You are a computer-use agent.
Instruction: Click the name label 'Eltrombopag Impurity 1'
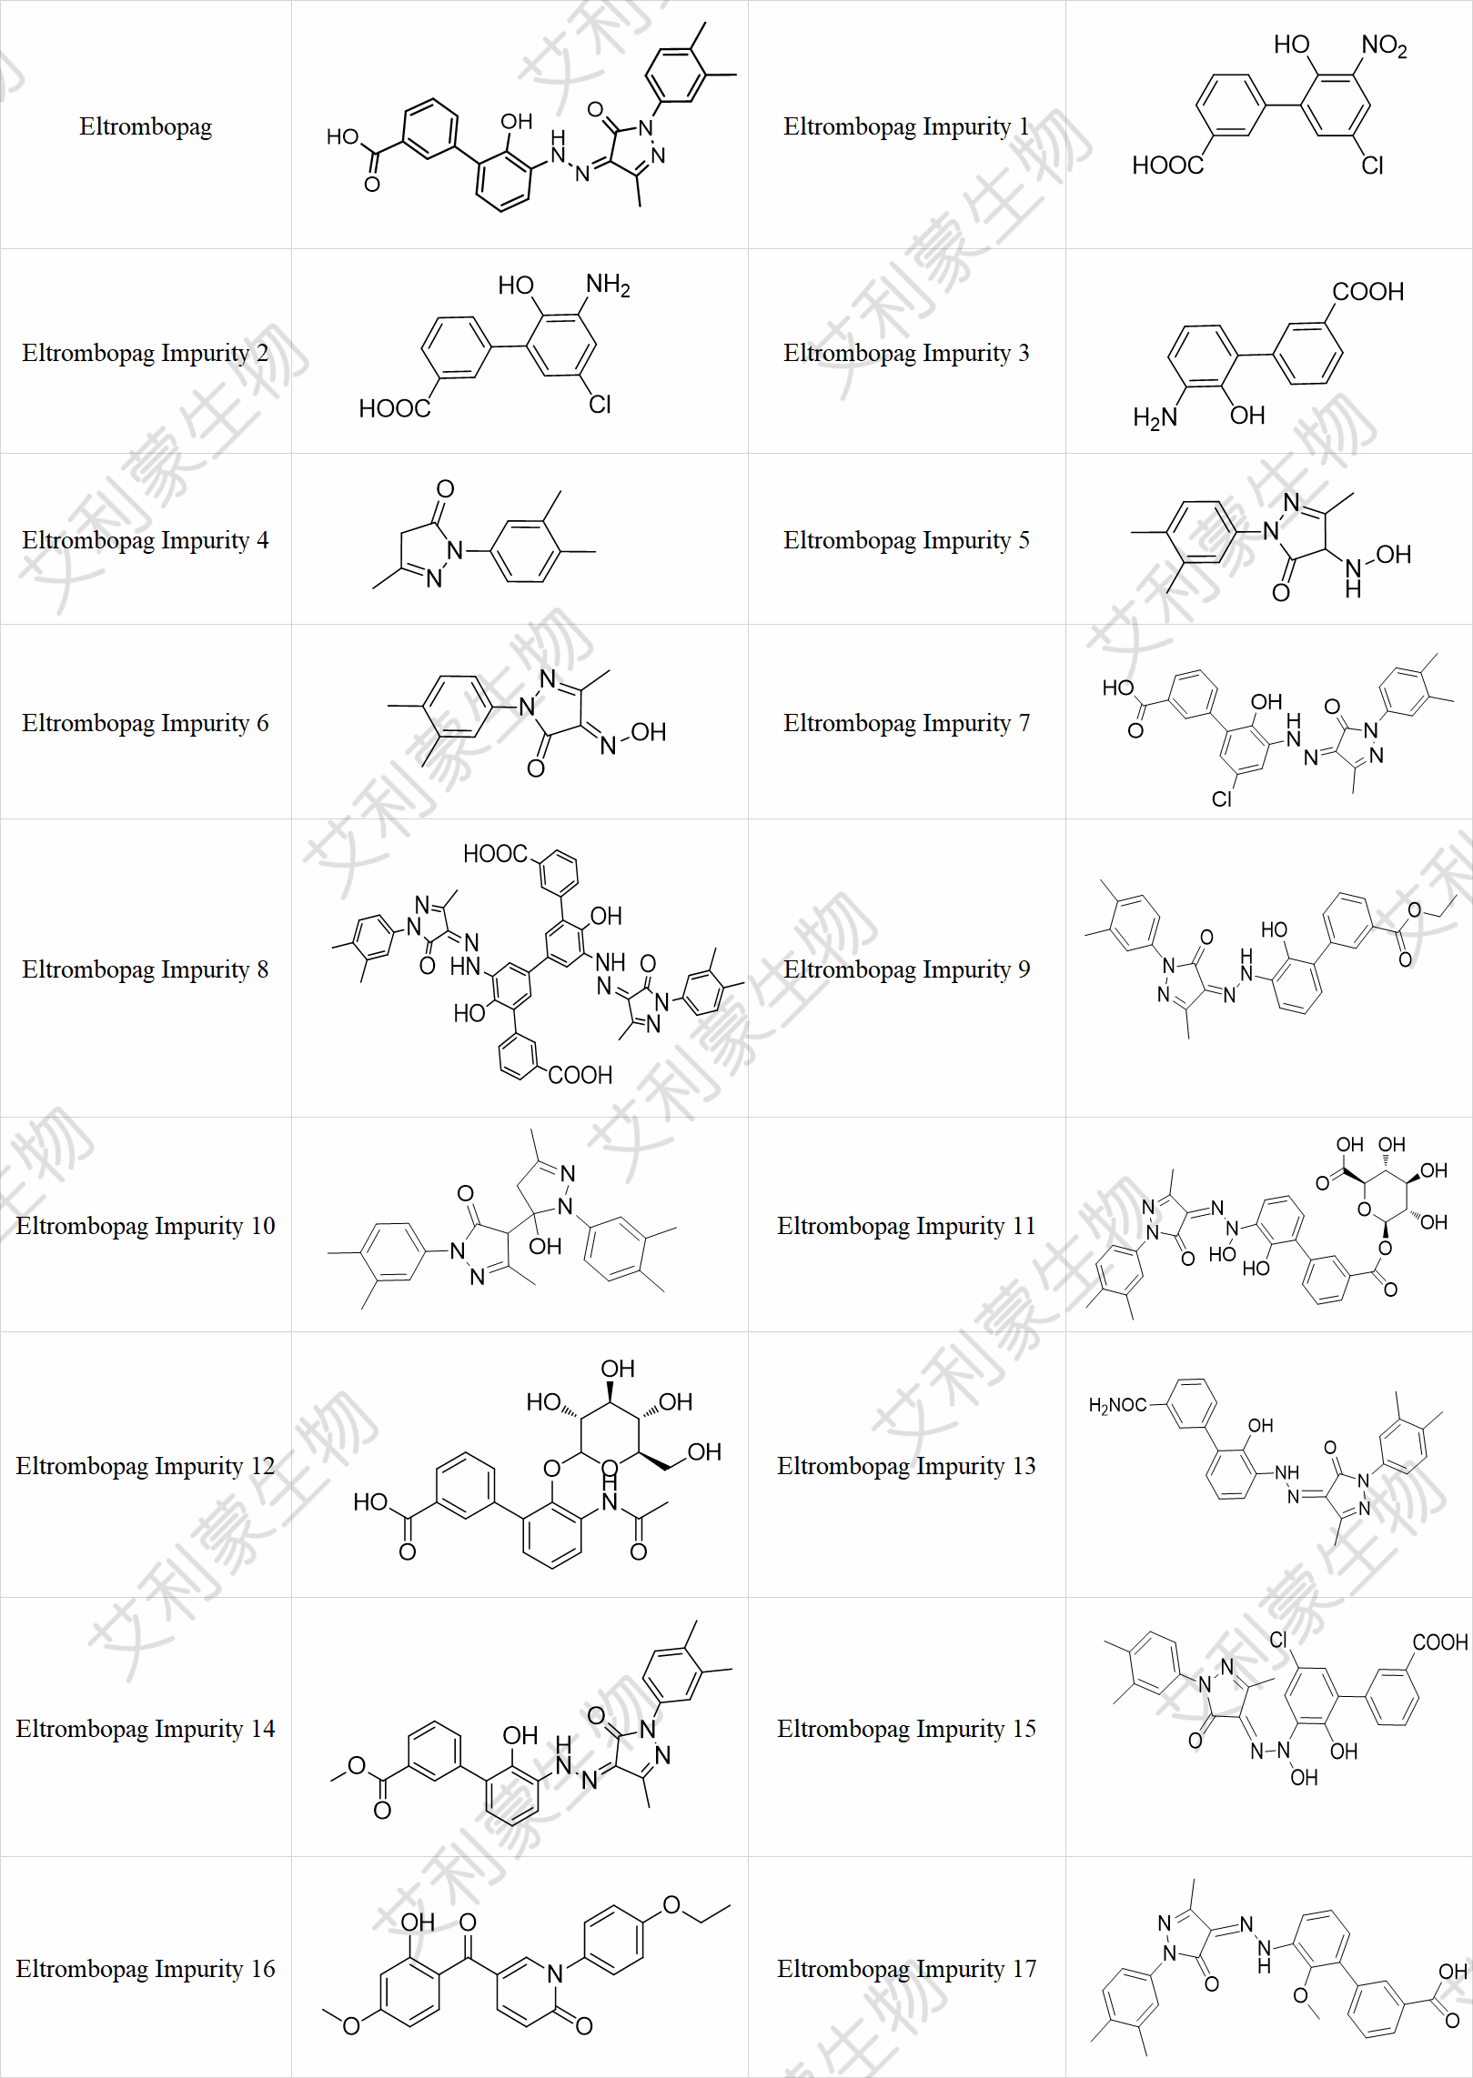coord(906,126)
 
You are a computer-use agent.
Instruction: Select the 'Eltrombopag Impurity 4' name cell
coord(146,540)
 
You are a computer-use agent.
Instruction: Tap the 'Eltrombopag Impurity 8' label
coord(146,969)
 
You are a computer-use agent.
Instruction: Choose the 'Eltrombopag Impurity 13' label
coord(906,1466)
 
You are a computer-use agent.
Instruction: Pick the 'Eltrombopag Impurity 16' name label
coord(146,1969)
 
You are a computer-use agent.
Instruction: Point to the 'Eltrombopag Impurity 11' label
coord(906,1226)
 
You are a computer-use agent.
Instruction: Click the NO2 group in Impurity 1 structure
coord(1384,45)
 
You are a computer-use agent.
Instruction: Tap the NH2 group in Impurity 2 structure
coord(608,285)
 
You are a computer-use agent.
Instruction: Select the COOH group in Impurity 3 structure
coord(1367,291)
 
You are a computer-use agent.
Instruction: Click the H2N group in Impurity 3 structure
coord(1155,417)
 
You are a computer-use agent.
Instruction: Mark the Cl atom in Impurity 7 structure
coord(1221,799)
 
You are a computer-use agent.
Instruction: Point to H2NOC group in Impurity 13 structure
coord(1117,1405)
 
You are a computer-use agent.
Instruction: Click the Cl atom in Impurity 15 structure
coord(1278,1640)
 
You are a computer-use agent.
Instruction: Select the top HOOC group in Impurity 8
coord(495,854)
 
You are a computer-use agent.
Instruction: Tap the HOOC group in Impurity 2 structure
coord(394,408)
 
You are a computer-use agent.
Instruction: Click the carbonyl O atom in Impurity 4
coord(445,489)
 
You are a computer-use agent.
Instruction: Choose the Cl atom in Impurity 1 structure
coord(1372,166)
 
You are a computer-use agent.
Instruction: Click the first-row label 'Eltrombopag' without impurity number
coord(146,126)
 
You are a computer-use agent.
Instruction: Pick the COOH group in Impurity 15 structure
coord(1440,1642)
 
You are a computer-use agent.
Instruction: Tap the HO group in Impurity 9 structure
coord(1274,929)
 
